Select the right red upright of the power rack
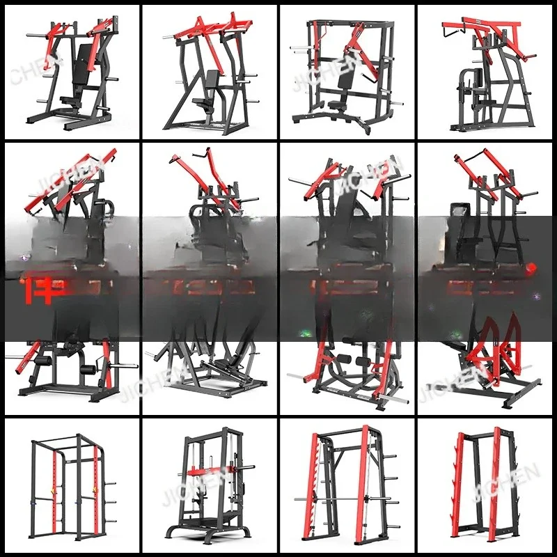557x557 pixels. [x=95, y=487]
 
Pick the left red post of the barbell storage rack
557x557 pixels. [x=460, y=487]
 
